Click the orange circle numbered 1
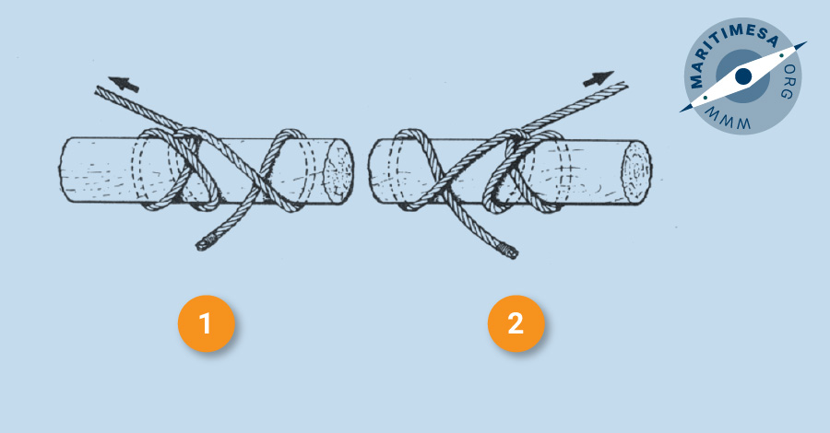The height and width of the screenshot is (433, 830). [206, 323]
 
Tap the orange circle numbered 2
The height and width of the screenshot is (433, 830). [516, 323]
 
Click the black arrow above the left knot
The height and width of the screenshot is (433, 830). [124, 84]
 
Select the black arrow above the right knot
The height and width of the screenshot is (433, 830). [599, 78]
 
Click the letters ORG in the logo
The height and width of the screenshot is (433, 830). [788, 81]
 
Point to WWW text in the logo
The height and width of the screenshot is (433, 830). [728, 119]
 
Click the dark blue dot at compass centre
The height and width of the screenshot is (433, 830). [743, 76]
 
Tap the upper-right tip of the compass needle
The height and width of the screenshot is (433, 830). [806, 42]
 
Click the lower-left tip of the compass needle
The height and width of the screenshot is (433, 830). [681, 111]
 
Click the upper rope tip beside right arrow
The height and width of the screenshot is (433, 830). [625, 85]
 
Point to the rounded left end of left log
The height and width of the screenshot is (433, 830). [63, 170]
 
